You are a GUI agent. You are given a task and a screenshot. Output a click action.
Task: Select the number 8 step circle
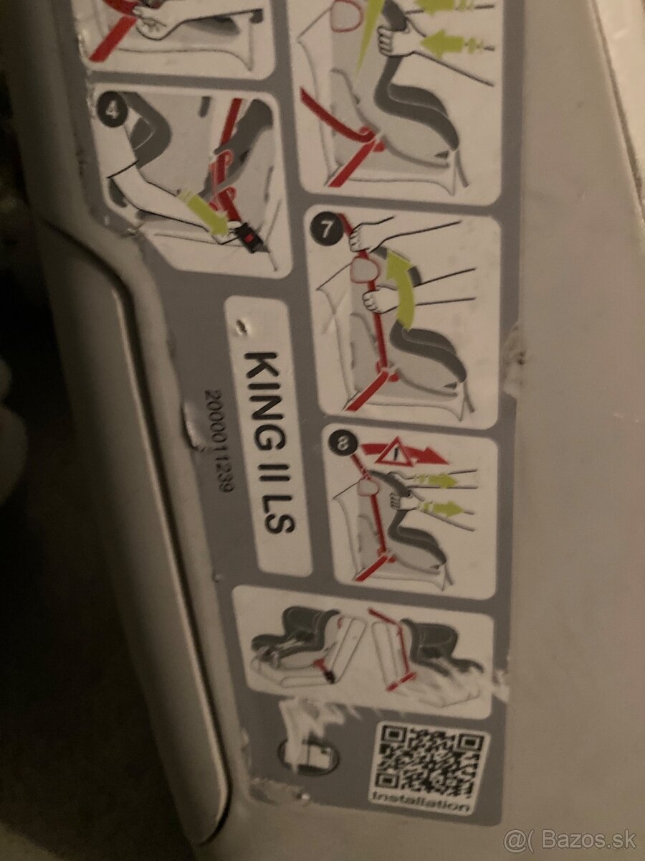pos(338,444)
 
